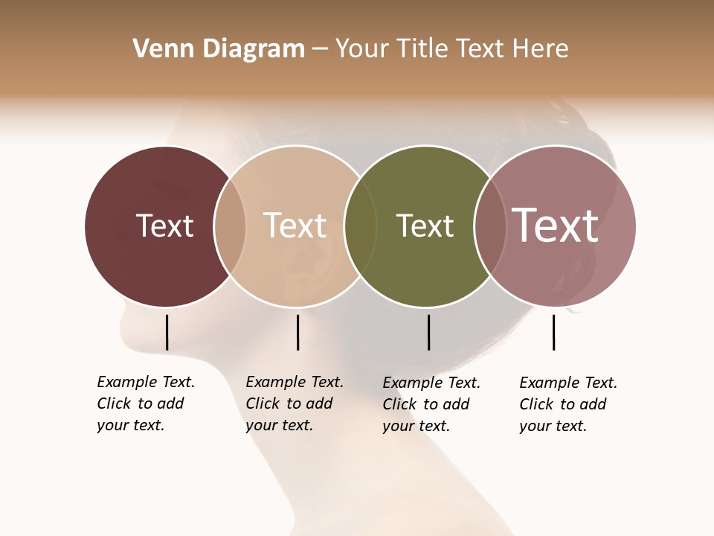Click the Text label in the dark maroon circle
pos(164,226)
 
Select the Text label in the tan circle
pos(295,226)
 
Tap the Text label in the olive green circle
pos(425,226)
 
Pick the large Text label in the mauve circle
pos(556,226)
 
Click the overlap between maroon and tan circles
pos(230,226)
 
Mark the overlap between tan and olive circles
pos(360,226)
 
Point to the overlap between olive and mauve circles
pos(489,226)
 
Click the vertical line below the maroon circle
pos(167,332)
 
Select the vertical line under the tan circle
pos(297,332)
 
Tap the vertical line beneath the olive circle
pos(428,332)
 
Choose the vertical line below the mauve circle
pos(553,332)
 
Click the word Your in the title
pos(363,49)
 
